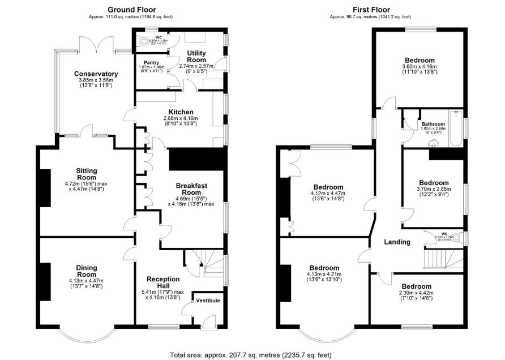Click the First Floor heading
point(370,10)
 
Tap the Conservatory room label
point(96,74)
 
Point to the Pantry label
point(151,63)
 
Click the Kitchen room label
point(181,112)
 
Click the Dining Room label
point(87,271)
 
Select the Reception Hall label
point(163,282)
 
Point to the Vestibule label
point(209,301)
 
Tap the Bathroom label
point(433,124)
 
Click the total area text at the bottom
point(252,354)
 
